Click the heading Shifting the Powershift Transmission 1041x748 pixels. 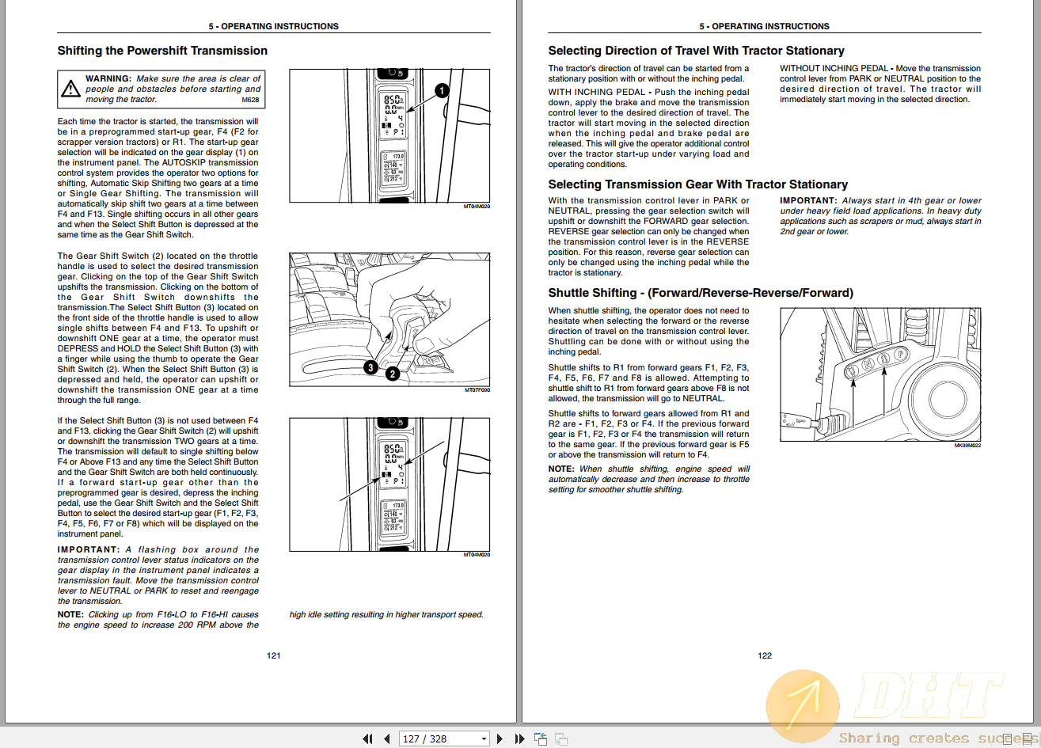(x=162, y=51)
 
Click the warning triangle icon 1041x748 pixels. (x=71, y=89)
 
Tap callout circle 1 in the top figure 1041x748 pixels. (x=443, y=90)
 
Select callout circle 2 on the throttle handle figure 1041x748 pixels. (x=393, y=374)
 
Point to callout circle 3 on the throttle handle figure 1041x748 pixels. (x=370, y=367)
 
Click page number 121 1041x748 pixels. (x=274, y=655)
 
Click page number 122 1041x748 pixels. (x=765, y=655)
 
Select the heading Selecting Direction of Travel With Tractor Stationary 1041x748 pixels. (x=696, y=51)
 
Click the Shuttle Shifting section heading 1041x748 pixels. (x=701, y=293)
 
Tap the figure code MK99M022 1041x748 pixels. (x=967, y=446)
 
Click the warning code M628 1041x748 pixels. (x=251, y=101)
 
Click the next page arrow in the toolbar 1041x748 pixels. (x=500, y=739)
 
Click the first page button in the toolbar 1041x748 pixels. (x=367, y=739)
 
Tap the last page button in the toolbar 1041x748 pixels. (x=519, y=739)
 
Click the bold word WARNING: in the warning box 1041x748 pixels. (x=108, y=78)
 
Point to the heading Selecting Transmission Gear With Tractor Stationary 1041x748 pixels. (x=697, y=184)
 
